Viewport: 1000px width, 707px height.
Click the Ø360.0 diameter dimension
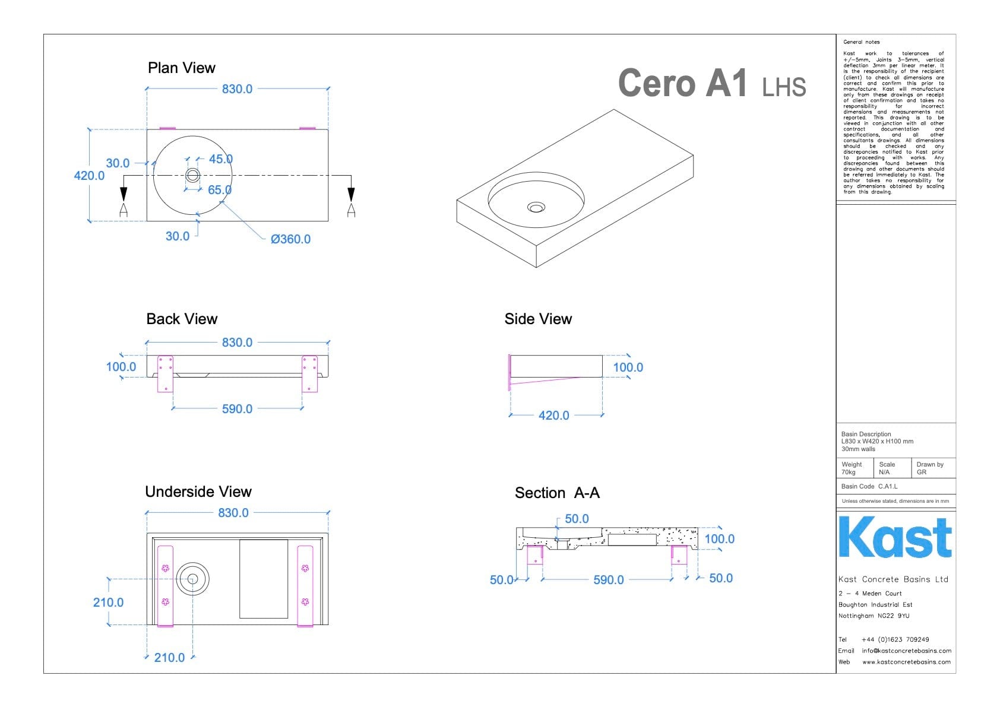[290, 239]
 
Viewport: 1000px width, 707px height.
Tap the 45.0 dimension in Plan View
[220, 159]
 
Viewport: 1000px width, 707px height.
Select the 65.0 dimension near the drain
[219, 190]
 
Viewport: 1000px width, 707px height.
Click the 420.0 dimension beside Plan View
[89, 176]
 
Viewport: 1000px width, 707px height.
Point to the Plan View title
[181, 68]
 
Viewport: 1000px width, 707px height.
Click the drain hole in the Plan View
[193, 175]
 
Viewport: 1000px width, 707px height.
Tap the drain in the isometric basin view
[536, 207]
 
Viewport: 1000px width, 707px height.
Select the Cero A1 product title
[682, 83]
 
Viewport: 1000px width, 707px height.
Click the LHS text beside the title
[784, 88]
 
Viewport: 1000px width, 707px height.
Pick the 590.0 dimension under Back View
[237, 409]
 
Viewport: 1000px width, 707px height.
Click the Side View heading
[538, 319]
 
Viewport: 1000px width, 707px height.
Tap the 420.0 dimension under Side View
[553, 416]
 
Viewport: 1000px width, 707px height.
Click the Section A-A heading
[557, 493]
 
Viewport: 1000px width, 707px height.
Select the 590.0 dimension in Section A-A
[609, 580]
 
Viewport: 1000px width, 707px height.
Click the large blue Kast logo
[895, 537]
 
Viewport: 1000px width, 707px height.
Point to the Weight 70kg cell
[853, 468]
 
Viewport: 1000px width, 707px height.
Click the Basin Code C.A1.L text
[869, 486]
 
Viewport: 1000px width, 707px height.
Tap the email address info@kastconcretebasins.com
[906, 651]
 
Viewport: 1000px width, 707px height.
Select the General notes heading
[861, 42]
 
